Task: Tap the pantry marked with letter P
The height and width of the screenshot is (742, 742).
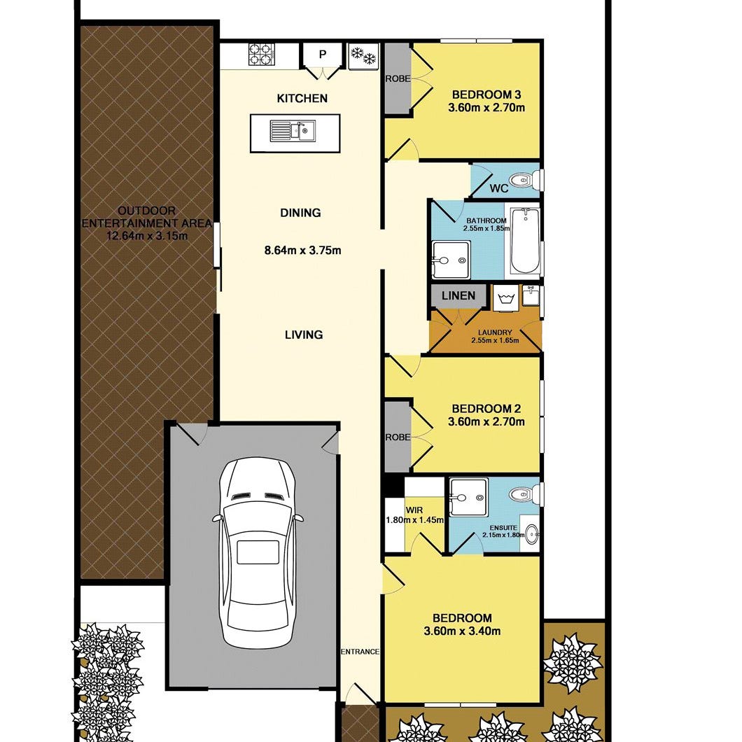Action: [x=322, y=55]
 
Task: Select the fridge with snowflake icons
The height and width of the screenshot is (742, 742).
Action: [x=363, y=55]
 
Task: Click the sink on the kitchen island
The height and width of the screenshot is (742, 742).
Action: [x=293, y=131]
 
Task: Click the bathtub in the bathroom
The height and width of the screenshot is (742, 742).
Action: [x=525, y=241]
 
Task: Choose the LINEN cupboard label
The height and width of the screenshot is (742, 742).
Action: [x=458, y=296]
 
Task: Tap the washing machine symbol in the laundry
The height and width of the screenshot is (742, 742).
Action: [x=505, y=298]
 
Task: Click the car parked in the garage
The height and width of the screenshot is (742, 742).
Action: [x=258, y=552]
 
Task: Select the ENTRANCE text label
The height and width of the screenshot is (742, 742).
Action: [x=360, y=652]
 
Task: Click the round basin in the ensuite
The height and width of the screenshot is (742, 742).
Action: [x=533, y=535]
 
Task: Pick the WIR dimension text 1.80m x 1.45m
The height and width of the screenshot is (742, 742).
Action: [x=415, y=520]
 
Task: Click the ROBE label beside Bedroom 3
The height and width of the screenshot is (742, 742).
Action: [x=398, y=79]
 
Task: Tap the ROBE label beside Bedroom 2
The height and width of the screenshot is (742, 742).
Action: [x=398, y=437]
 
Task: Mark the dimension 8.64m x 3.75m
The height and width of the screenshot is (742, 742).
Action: [x=303, y=251]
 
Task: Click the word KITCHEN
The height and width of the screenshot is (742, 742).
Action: [x=302, y=99]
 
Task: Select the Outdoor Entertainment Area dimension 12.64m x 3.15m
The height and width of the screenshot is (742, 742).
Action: [x=147, y=236]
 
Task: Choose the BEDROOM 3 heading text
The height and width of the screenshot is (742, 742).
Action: [x=486, y=94]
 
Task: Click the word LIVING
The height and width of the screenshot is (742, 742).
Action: [x=304, y=335]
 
